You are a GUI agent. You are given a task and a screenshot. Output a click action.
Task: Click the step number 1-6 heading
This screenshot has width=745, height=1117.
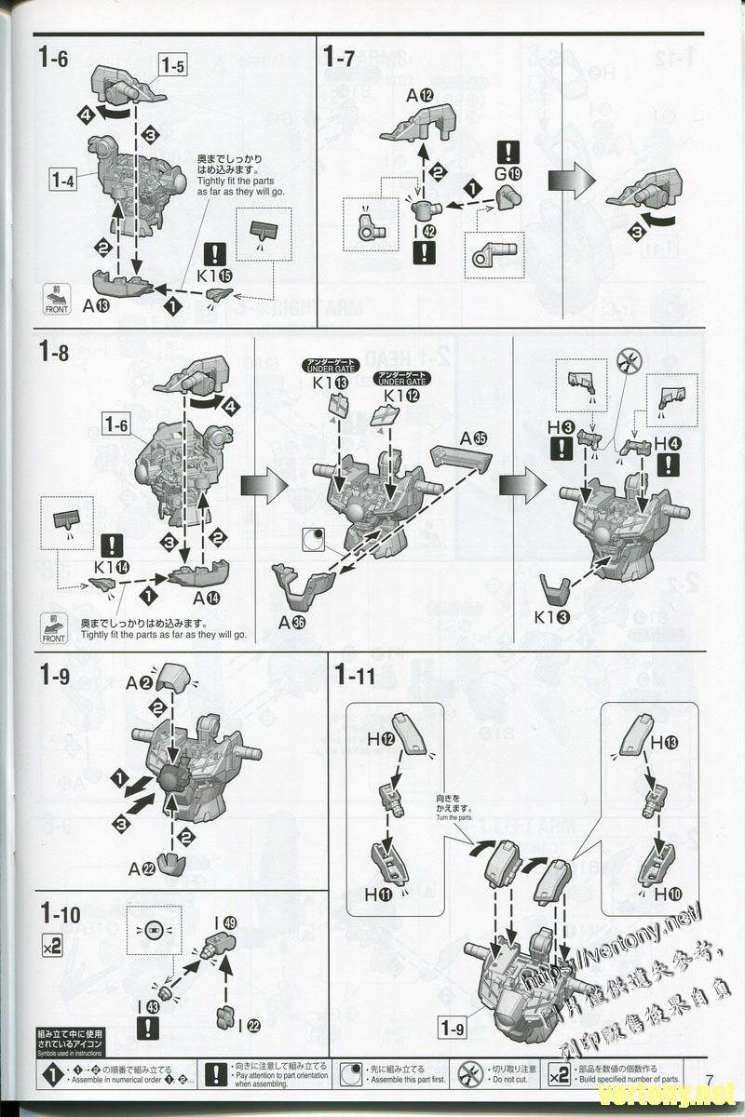coord(53,57)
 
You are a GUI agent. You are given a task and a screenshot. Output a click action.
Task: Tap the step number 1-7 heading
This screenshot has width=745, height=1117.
coord(339,57)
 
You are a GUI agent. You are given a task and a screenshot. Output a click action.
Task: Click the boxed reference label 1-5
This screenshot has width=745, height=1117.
coord(173,65)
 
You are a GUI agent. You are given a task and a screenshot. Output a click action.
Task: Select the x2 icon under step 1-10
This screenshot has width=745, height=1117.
coord(53,947)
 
